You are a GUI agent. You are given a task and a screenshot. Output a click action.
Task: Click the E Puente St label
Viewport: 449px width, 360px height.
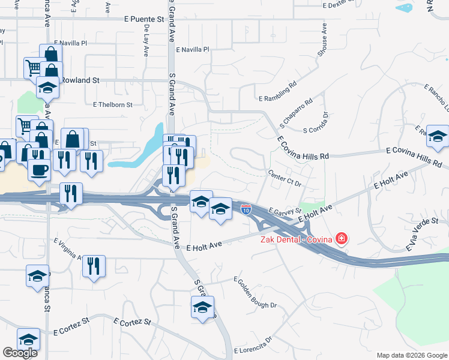(144, 19)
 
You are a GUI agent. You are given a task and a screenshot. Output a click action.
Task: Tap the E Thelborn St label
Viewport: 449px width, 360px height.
(112, 104)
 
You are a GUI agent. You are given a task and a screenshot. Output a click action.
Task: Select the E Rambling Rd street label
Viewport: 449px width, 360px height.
(277, 92)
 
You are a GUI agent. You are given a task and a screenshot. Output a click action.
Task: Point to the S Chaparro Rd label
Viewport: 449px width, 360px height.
(297, 112)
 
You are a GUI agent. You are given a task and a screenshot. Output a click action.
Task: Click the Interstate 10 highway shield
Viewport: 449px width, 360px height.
(246, 209)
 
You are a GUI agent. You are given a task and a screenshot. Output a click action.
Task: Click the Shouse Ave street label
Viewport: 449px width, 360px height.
(323, 40)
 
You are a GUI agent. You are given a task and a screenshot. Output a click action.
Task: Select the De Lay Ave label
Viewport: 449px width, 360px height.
(146, 41)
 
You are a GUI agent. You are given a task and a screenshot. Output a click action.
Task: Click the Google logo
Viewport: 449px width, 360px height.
(20, 353)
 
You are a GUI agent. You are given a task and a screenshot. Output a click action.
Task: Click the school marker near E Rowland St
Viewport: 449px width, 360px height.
(47, 88)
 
